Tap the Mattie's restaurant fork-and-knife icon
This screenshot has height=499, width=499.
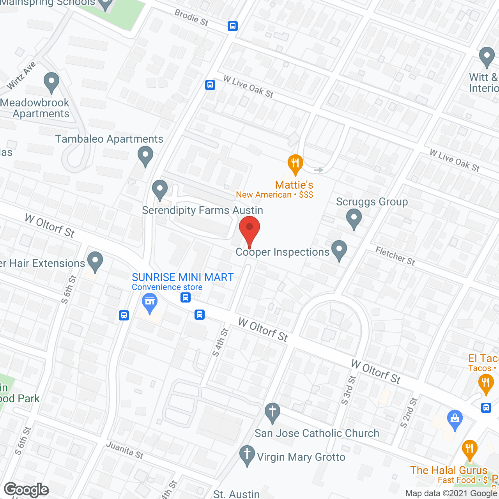click(295, 164)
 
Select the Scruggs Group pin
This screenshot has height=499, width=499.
click(354, 218)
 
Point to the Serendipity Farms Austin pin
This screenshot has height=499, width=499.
click(159, 189)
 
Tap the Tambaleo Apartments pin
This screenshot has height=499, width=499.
click(145, 155)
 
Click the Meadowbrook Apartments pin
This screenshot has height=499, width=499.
click(51, 82)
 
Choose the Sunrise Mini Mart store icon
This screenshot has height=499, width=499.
click(150, 303)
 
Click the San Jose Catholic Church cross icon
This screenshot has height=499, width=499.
click(273, 412)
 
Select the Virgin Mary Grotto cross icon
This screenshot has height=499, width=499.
click(247, 455)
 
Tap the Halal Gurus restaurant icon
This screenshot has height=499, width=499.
click(469, 449)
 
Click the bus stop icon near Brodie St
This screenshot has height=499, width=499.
click(233, 26)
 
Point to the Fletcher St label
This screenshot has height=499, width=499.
click(395, 256)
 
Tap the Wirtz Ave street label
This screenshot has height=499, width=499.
click(21, 75)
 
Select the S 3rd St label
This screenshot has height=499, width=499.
click(349, 390)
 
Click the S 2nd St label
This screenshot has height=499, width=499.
click(409, 412)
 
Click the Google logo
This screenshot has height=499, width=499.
click(26, 490)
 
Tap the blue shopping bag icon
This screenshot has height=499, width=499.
click(455, 419)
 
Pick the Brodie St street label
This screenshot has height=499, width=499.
click(191, 18)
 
